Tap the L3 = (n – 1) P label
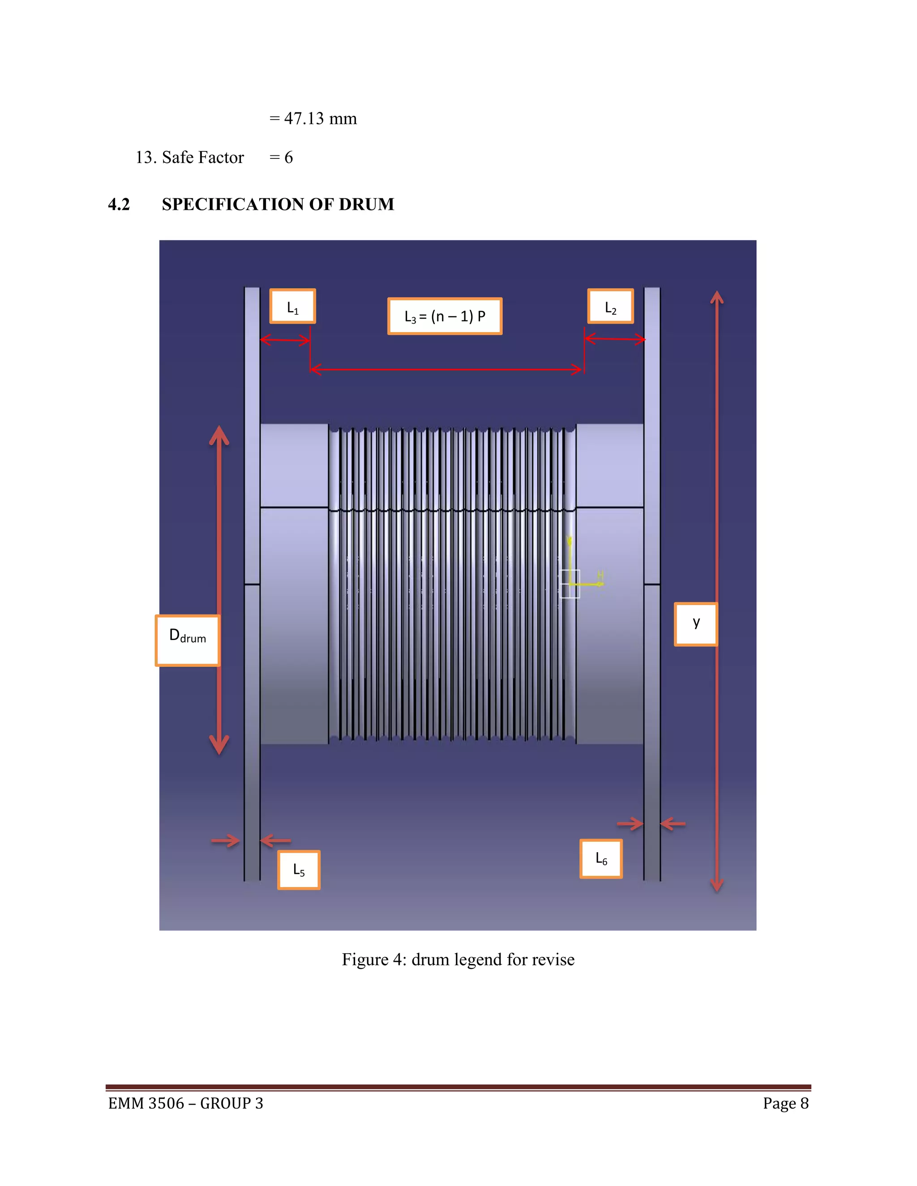pos(444,316)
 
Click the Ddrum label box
pos(188,640)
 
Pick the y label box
pos(696,624)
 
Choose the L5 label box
pos(299,870)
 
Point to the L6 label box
pos(601,858)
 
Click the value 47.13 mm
pos(320,119)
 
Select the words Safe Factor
pos(203,158)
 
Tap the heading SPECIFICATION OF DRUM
pos(278,204)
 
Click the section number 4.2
pos(119,204)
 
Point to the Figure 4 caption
pos(458,960)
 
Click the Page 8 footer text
pos(785,1104)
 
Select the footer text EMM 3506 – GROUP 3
pos(185,1104)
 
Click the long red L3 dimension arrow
pos(446,370)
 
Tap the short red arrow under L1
pos(285,341)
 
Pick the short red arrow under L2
pos(615,339)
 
